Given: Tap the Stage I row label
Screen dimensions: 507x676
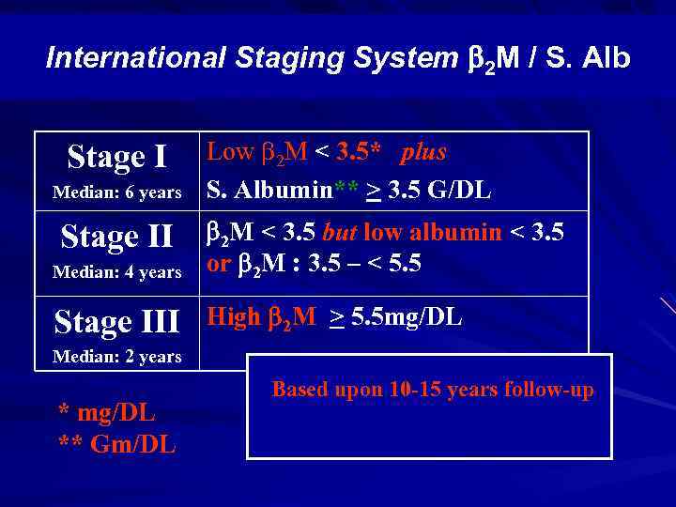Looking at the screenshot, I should tap(117, 158).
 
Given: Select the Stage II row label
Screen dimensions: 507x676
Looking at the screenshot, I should tap(117, 237).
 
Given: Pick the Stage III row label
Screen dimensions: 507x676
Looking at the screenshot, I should tap(117, 321).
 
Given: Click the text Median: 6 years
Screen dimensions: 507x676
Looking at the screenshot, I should tap(117, 192).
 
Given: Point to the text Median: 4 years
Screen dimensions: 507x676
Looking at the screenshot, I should tap(117, 272).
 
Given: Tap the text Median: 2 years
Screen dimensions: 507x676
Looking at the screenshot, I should tap(117, 357).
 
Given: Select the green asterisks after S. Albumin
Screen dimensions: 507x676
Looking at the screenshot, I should tap(348, 190).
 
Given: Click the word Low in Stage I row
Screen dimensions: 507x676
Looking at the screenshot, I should tap(229, 152).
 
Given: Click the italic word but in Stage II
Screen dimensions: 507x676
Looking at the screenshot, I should tap(341, 233).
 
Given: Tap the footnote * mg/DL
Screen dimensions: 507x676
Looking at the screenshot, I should tap(106, 412).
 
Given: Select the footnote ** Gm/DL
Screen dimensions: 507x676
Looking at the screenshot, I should tap(116, 444).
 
